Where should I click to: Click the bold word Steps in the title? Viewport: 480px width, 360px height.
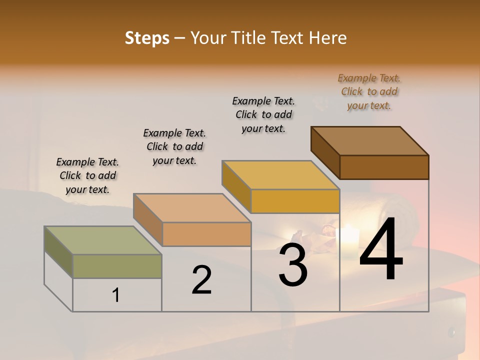[147, 38]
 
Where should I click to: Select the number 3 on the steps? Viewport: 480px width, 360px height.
[293, 265]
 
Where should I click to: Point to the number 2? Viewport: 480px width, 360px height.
[202, 280]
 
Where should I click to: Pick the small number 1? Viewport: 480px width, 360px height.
[116, 295]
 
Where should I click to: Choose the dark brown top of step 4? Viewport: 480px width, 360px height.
[370, 141]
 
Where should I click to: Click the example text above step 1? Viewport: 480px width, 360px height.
[87, 175]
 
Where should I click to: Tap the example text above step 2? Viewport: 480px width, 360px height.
[174, 146]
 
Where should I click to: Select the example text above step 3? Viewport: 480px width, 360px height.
[263, 114]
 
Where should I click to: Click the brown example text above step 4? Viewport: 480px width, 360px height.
[369, 91]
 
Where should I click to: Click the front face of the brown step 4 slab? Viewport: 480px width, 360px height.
[384, 167]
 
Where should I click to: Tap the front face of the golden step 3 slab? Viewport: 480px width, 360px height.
[295, 201]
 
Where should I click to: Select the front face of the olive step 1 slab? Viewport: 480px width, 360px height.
[117, 266]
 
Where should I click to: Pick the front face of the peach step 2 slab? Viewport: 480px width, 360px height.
[206, 234]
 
